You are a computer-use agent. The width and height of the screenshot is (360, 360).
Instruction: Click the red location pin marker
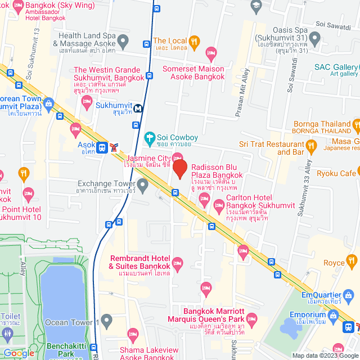pyautogui.click(x=179, y=169)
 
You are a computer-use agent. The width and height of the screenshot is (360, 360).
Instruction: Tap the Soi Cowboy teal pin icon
pyautogui.click(x=150, y=137)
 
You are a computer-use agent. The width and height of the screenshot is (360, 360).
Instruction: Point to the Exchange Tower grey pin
pyautogui.click(x=143, y=184)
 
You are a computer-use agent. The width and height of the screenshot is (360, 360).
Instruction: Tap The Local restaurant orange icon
pyautogui.click(x=194, y=40)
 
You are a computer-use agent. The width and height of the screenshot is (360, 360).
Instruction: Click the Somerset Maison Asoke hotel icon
pyautogui.click(x=211, y=55)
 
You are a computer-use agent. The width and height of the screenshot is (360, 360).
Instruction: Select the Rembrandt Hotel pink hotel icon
pyautogui.click(x=178, y=263)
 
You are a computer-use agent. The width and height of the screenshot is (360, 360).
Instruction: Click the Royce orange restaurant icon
pyautogui.click(x=352, y=260)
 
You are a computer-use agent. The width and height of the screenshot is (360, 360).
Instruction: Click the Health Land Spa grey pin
pyautogui.click(x=123, y=40)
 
